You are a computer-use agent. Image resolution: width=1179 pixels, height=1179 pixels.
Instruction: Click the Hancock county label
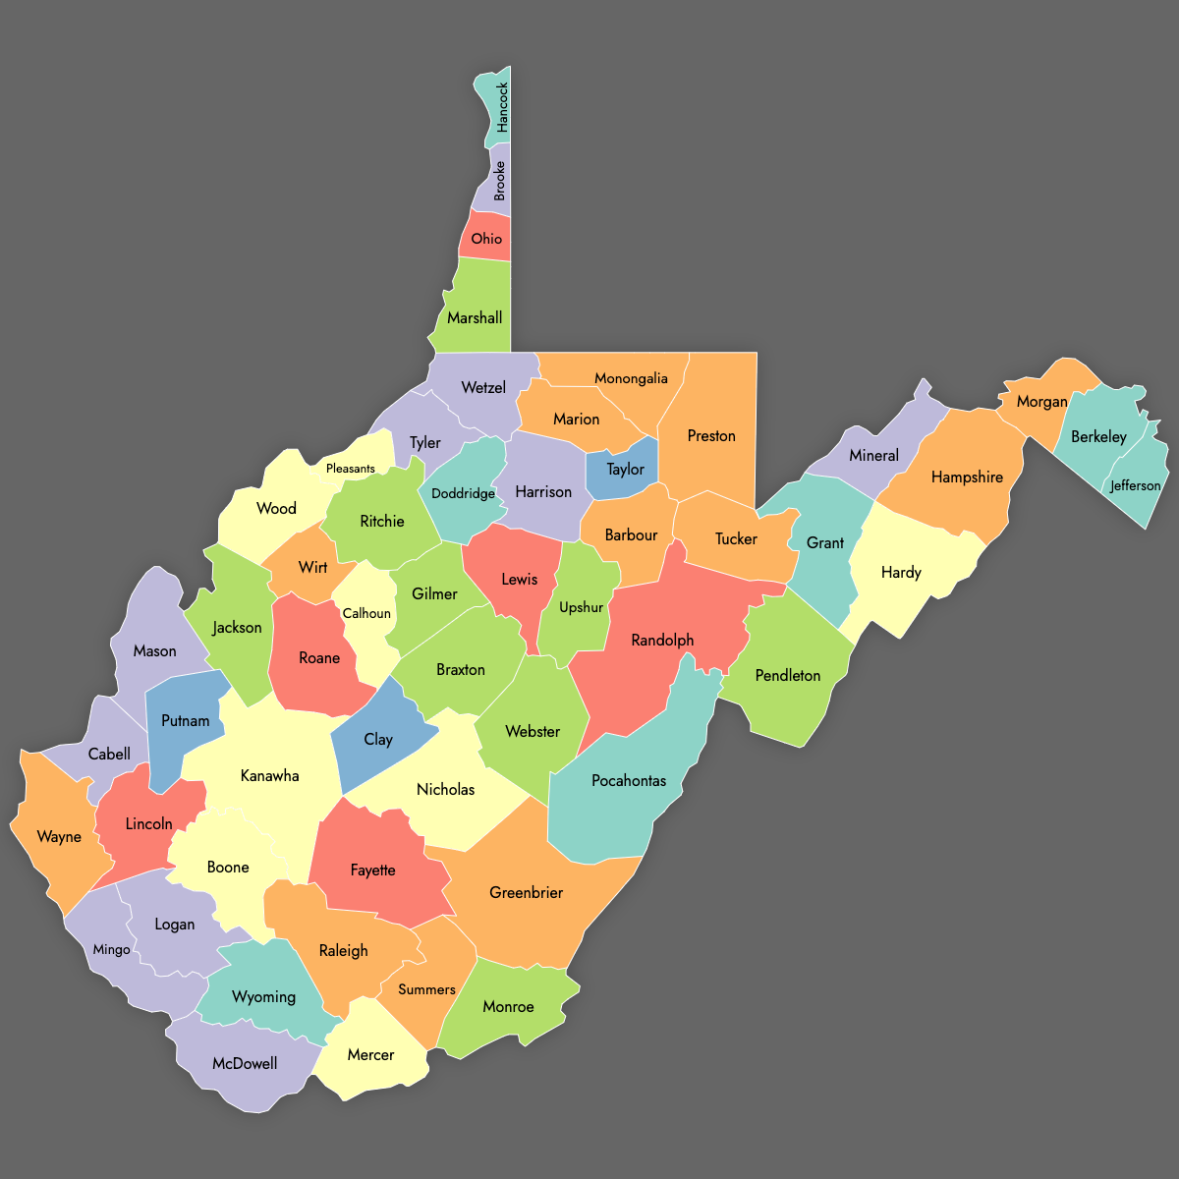point(502,107)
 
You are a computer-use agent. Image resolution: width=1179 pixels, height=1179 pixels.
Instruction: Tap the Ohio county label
point(486,239)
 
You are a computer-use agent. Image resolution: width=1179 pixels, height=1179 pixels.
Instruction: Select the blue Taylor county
point(625,469)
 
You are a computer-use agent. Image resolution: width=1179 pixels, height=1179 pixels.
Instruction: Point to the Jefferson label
point(1135,485)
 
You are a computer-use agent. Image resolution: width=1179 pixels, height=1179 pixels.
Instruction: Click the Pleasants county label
point(351,469)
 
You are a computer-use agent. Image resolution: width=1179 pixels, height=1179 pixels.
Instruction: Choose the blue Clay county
point(378,739)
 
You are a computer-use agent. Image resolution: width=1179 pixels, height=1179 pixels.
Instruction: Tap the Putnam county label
point(185,720)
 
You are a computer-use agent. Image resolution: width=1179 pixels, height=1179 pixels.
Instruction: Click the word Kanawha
point(269,775)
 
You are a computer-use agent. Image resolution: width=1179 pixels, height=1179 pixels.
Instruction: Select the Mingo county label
point(111,949)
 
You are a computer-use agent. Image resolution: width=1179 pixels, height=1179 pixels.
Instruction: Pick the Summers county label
point(426,989)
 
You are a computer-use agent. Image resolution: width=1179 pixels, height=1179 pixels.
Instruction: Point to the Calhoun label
point(366,613)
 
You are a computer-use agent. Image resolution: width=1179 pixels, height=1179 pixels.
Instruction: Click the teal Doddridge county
point(463,493)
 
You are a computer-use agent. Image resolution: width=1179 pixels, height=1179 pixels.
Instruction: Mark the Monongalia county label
point(631,378)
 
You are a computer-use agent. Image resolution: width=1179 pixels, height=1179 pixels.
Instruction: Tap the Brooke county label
point(500,181)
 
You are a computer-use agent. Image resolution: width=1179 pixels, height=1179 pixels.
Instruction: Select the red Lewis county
point(519,579)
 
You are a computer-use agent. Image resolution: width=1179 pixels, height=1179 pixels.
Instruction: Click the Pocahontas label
point(629,781)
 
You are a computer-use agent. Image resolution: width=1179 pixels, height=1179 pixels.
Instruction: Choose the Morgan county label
point(1041,401)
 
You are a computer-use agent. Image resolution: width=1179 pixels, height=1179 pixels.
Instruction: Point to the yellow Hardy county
point(901,572)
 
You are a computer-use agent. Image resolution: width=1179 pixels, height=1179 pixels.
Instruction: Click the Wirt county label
point(312,567)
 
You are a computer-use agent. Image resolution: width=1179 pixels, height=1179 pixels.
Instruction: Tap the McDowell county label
point(245,1063)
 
